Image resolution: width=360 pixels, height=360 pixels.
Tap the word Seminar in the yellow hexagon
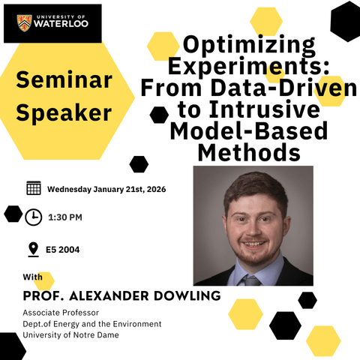click(x=63, y=80)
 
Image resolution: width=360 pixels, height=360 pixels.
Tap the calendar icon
click(x=34, y=188)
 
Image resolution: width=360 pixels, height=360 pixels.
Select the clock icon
click(x=34, y=217)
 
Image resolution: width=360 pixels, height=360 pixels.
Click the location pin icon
click(x=33, y=249)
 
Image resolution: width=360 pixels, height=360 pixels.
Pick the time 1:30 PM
click(x=64, y=217)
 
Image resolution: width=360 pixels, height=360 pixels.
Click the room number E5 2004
click(x=63, y=250)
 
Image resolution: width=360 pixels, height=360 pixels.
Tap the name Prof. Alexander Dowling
click(x=121, y=296)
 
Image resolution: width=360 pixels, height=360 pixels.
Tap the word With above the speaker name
click(x=33, y=278)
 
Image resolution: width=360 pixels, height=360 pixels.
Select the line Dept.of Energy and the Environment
click(x=92, y=323)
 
